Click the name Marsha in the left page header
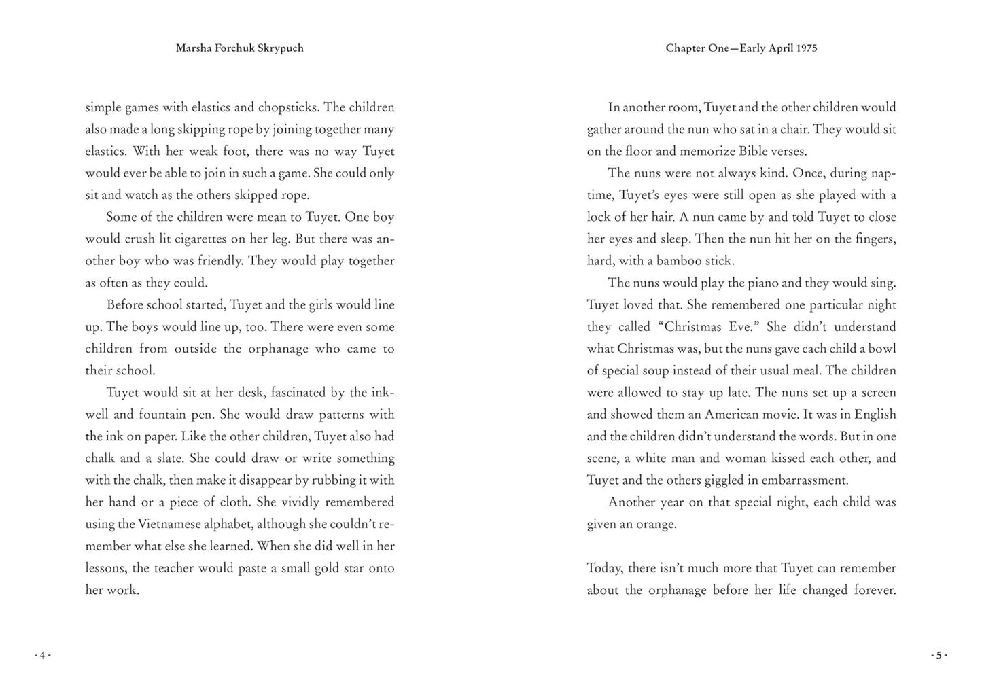click(x=193, y=48)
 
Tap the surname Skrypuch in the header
click(x=281, y=48)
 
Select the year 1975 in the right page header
click(x=805, y=48)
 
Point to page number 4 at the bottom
click(x=42, y=655)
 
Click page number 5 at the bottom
click(x=939, y=655)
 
